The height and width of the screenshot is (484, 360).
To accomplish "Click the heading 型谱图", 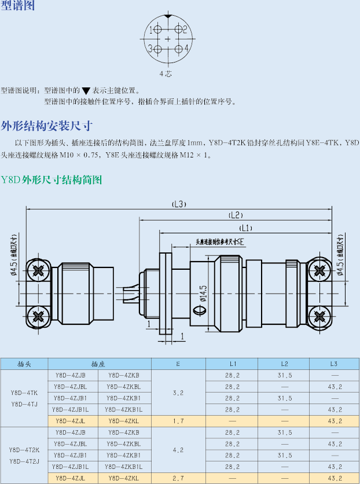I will [x=18, y=6].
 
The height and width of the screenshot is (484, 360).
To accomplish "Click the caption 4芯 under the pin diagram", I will [x=166, y=74].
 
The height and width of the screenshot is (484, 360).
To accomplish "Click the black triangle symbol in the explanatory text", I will [x=86, y=91].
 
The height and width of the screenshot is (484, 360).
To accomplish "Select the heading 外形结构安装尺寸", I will [x=47, y=125].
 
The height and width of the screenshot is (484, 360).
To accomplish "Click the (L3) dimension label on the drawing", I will [x=179, y=204].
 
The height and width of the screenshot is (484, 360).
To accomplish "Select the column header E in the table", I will [x=178, y=364].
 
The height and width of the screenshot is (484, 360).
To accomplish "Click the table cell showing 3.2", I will [x=178, y=393].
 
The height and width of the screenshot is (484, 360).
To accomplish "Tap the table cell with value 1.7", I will [x=178, y=421].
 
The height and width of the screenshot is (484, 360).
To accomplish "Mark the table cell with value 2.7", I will [x=178, y=478].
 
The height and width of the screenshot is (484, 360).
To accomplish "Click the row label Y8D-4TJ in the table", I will [x=24, y=404].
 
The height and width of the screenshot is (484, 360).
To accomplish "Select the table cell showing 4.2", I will [x=178, y=449].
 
